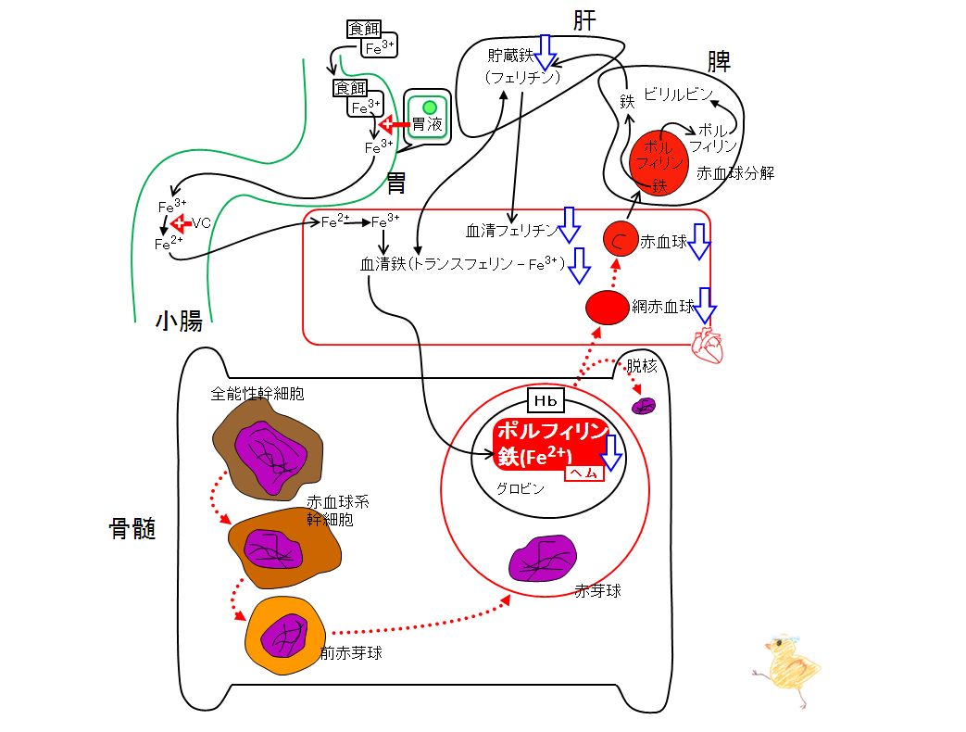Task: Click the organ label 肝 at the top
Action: coord(584,20)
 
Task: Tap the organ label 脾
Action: coord(719,61)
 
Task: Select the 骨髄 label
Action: coord(132,529)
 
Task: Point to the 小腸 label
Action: coord(179,321)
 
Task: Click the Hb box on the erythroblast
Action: coord(546,401)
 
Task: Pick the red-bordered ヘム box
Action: coord(584,473)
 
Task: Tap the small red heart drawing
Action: coord(708,346)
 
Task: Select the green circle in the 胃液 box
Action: coord(430,107)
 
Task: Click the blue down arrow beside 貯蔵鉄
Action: coord(545,53)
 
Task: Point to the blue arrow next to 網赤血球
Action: coord(705,306)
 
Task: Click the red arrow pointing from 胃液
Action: coord(394,125)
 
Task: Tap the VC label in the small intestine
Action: coord(201,222)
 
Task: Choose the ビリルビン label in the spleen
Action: coord(678,95)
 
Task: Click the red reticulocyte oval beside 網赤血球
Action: coord(607,308)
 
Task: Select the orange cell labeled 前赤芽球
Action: coord(286,636)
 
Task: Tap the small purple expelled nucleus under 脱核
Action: coord(644,406)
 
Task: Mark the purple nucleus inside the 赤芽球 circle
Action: coord(543,558)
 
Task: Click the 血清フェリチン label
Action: coord(511,231)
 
